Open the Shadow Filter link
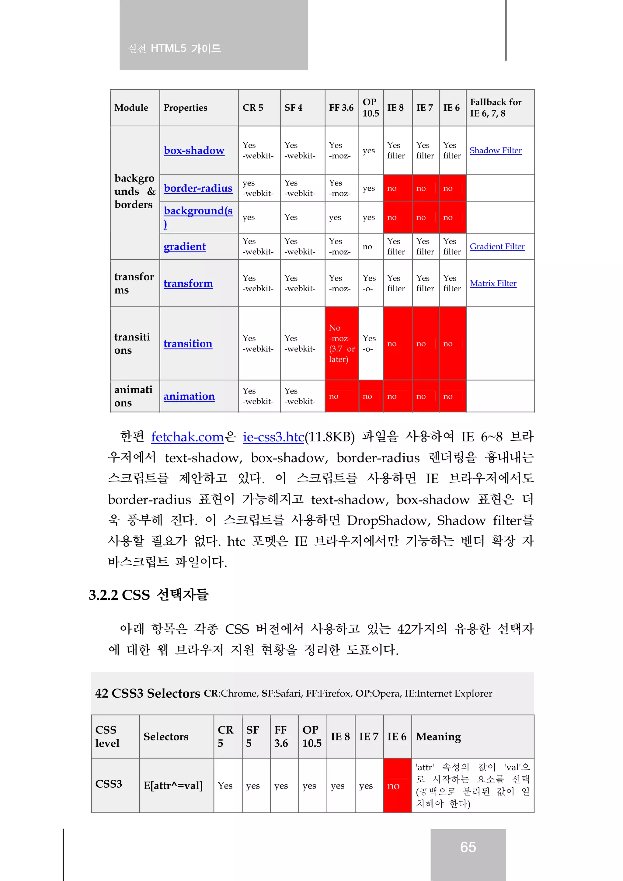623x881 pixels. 495,151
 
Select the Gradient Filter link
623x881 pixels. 497,246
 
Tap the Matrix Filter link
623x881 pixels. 493,283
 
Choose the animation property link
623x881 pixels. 189,396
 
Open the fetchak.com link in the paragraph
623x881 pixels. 187,437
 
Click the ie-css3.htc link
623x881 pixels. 273,437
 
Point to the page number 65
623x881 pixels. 468,847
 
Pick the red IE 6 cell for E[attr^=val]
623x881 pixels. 397,786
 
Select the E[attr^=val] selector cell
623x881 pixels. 173,786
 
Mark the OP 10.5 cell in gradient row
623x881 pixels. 368,246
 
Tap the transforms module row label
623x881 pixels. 134,283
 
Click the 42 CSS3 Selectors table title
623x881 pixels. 148,693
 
